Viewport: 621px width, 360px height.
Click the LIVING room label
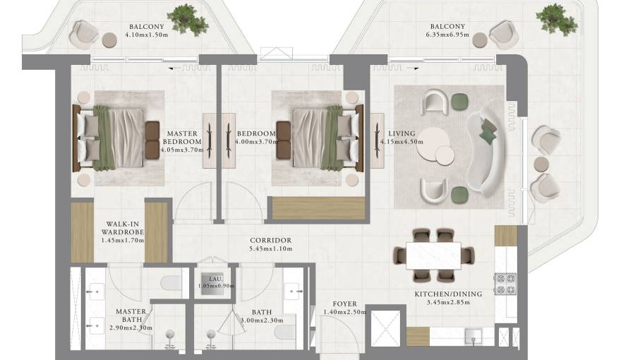402,133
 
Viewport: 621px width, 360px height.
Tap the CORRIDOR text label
271,241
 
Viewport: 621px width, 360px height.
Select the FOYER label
344,304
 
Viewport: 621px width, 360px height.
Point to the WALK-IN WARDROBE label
122,228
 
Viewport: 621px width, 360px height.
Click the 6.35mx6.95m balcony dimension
447,35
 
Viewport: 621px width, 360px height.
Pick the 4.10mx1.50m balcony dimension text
147,35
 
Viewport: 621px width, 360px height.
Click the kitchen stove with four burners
506,284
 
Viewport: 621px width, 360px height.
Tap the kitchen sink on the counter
473,337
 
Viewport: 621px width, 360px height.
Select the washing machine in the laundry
212,284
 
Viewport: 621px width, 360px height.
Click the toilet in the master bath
171,283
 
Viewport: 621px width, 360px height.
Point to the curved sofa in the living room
486,151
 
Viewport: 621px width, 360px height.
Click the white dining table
433,256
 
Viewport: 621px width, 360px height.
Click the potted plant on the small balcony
187,19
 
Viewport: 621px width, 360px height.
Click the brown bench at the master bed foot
152,140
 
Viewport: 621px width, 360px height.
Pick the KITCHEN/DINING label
448,294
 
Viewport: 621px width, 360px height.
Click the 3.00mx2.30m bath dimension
262,320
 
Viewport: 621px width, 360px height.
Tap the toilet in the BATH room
285,332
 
